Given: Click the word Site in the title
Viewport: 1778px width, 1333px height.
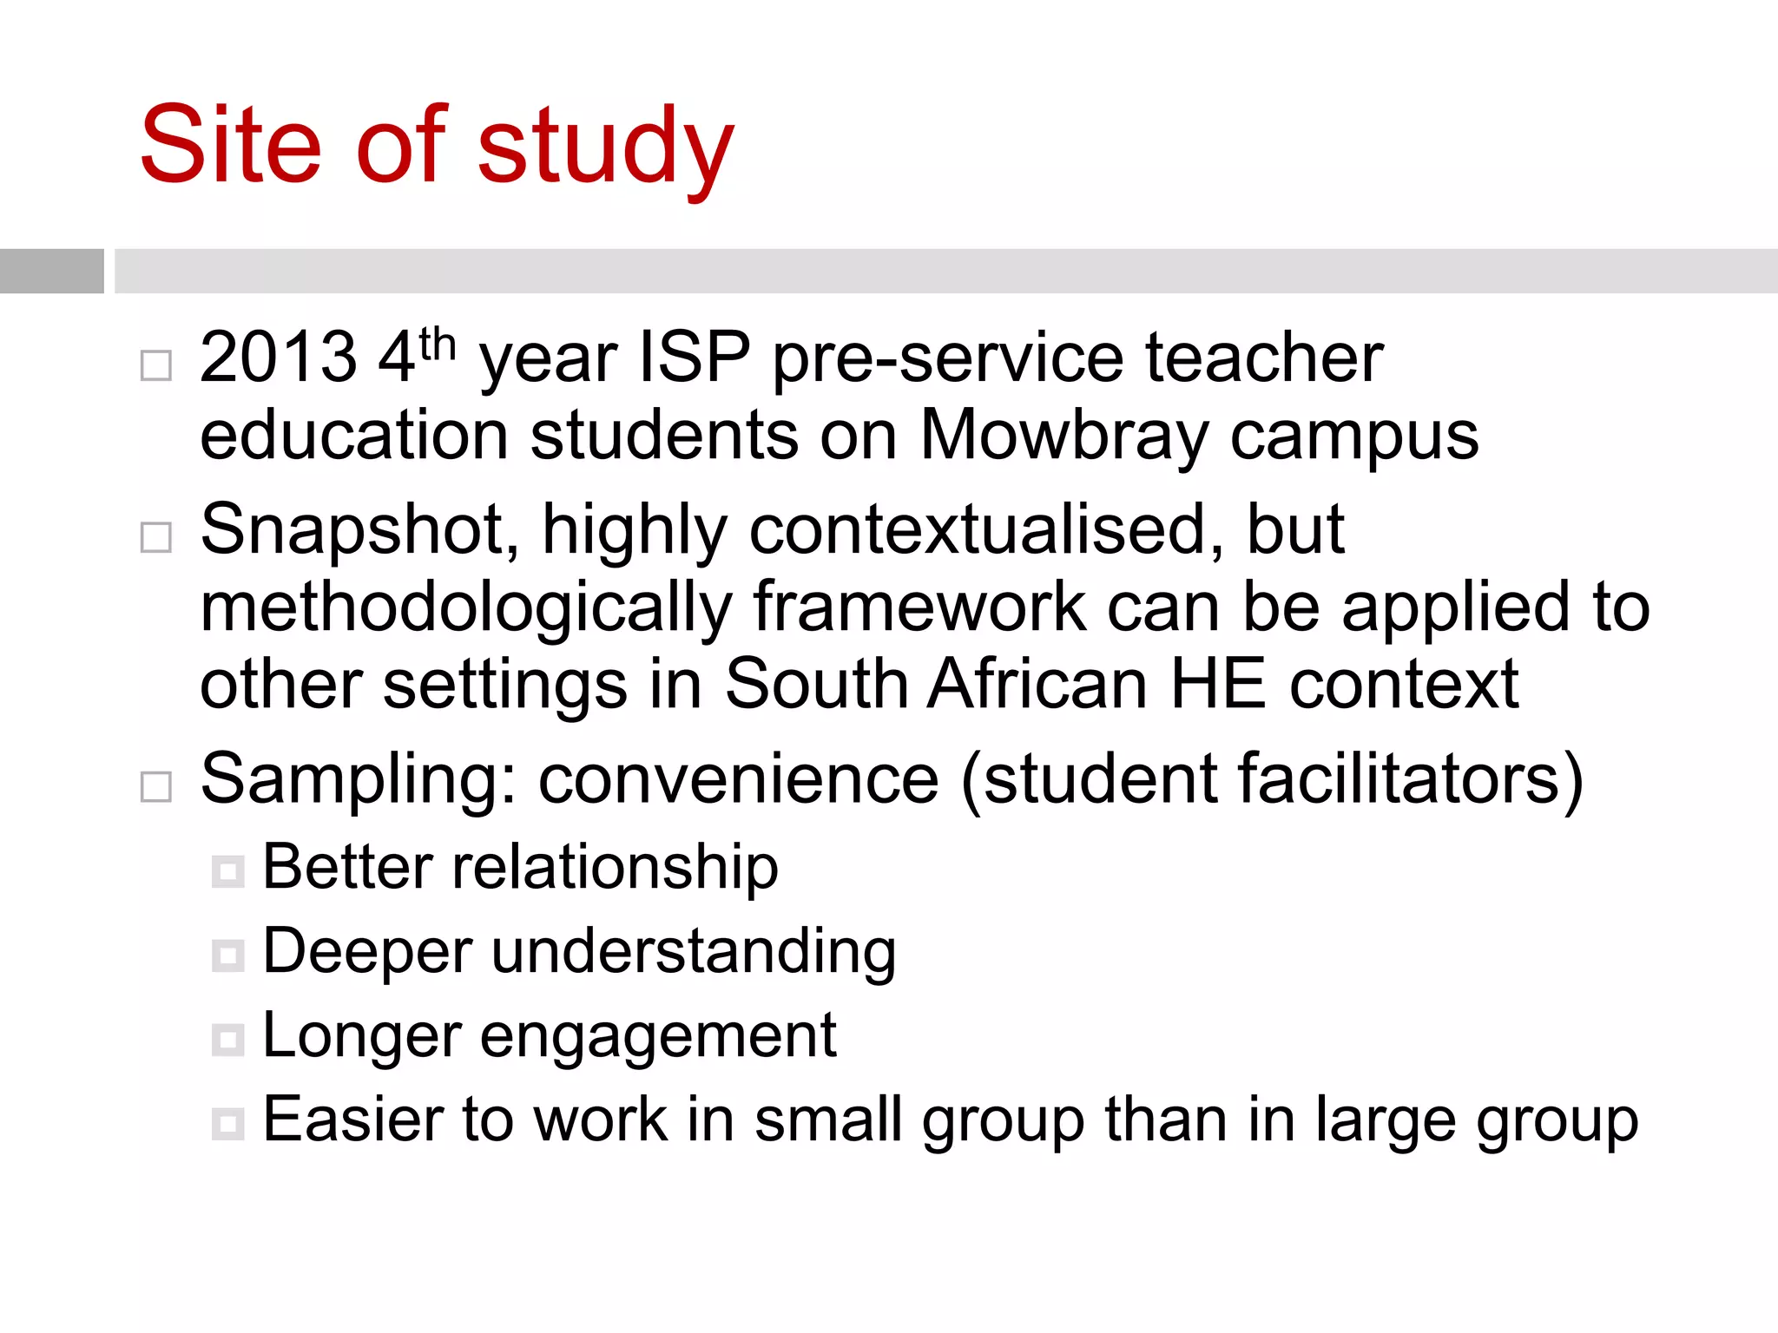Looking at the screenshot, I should pyautogui.click(x=231, y=146).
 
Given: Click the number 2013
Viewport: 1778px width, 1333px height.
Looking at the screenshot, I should pyautogui.click(x=278, y=358).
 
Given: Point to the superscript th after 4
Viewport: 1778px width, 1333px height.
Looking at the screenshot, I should pyautogui.click(x=437, y=345).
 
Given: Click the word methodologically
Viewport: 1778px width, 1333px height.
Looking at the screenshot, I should pyautogui.click(x=466, y=609).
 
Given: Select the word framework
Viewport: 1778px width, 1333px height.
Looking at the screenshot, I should pyautogui.click(x=919, y=607).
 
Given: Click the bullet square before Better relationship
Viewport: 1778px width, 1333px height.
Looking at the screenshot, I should pyautogui.click(x=228, y=870).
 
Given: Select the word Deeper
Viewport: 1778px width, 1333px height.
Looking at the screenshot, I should pyautogui.click(x=366, y=953).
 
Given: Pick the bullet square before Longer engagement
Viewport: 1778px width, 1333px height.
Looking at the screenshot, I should pyautogui.click(x=228, y=1039).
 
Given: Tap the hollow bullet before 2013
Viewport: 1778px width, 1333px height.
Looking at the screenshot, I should pyautogui.click(x=156, y=365).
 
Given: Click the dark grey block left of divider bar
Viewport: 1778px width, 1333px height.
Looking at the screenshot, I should pyautogui.click(x=51, y=271).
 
